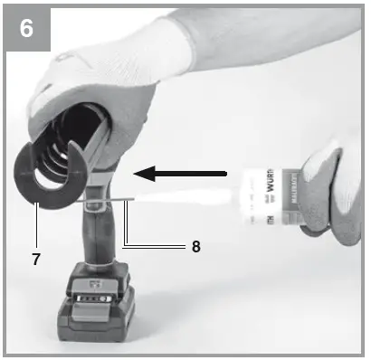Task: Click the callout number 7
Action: [36, 260]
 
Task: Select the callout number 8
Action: [195, 245]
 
